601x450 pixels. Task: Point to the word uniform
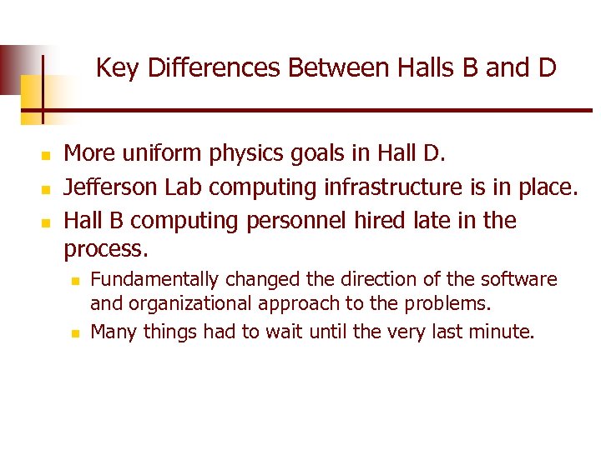(155, 154)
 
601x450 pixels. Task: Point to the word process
(104, 249)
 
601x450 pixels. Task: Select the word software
(520, 279)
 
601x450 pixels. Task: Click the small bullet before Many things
(73, 333)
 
